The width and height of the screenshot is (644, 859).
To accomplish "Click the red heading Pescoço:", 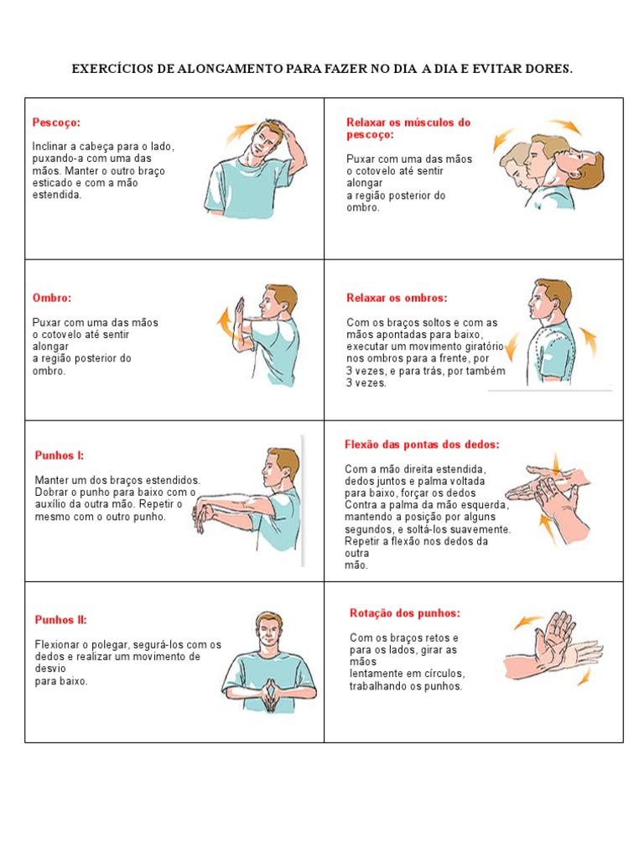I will point(56,122).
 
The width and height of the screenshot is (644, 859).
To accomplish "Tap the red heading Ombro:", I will point(52,298).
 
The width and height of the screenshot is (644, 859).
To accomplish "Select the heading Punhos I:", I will point(60,456).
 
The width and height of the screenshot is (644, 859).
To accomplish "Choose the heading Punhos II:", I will point(61,620).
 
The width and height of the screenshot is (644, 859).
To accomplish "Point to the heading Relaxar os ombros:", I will point(397,298).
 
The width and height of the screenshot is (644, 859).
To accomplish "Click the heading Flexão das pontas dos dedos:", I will point(422,444).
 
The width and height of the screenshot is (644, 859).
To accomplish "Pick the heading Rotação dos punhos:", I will point(405,613).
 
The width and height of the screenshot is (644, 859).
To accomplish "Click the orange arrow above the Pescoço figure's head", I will point(240,130).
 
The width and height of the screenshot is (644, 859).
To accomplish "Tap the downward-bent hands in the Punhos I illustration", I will point(202,517).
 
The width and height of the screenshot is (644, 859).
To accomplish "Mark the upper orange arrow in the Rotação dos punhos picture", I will point(528,622).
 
